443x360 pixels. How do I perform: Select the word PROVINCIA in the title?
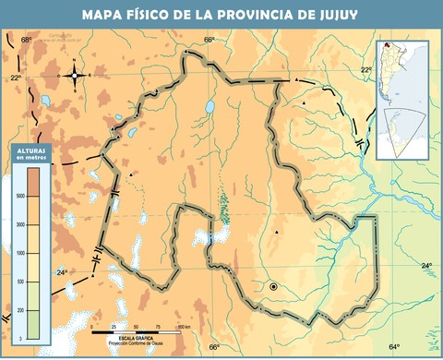[x=259, y=14]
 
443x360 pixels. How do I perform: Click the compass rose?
[x=75, y=75]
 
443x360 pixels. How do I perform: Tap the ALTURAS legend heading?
[x=31, y=149]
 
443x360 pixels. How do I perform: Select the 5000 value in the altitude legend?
[x=19, y=196]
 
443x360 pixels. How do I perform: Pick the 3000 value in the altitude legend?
[x=19, y=224]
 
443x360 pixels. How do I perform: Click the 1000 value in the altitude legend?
[x=19, y=253]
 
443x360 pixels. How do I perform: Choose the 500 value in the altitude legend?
[x=19, y=282]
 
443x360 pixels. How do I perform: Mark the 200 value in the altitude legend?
[x=19, y=310]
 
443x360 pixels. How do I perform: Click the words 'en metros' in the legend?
[x=30, y=158]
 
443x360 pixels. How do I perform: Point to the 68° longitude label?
[x=26, y=40]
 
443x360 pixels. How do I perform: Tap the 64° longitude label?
[x=394, y=346]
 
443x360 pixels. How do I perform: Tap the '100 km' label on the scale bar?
[x=184, y=327]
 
